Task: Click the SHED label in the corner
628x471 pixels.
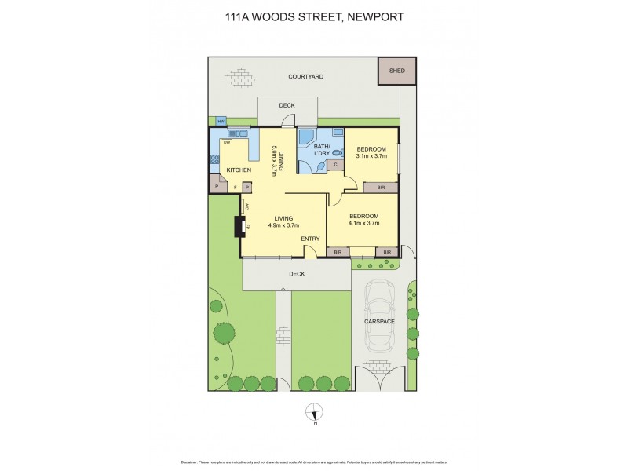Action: pyautogui.click(x=397, y=70)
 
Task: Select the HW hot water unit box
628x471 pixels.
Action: pyautogui.click(x=221, y=121)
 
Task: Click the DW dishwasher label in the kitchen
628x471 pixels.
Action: pyautogui.click(x=227, y=142)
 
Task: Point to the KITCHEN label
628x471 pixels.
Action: pyautogui.click(x=239, y=170)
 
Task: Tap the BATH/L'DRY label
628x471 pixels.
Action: pyautogui.click(x=322, y=150)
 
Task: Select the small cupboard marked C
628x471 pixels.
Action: pyautogui.click(x=335, y=164)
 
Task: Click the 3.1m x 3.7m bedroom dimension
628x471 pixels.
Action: pyautogui.click(x=371, y=156)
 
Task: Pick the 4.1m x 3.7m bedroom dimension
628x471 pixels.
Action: pyautogui.click(x=363, y=223)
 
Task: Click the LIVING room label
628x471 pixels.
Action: pyautogui.click(x=283, y=218)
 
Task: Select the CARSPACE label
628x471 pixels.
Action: pyautogui.click(x=378, y=322)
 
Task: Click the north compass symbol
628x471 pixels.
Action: pyautogui.click(x=314, y=411)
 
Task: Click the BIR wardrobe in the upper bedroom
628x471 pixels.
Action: pyautogui.click(x=380, y=188)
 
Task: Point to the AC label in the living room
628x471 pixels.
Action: pyautogui.click(x=246, y=206)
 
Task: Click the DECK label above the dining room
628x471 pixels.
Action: pyautogui.click(x=287, y=105)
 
